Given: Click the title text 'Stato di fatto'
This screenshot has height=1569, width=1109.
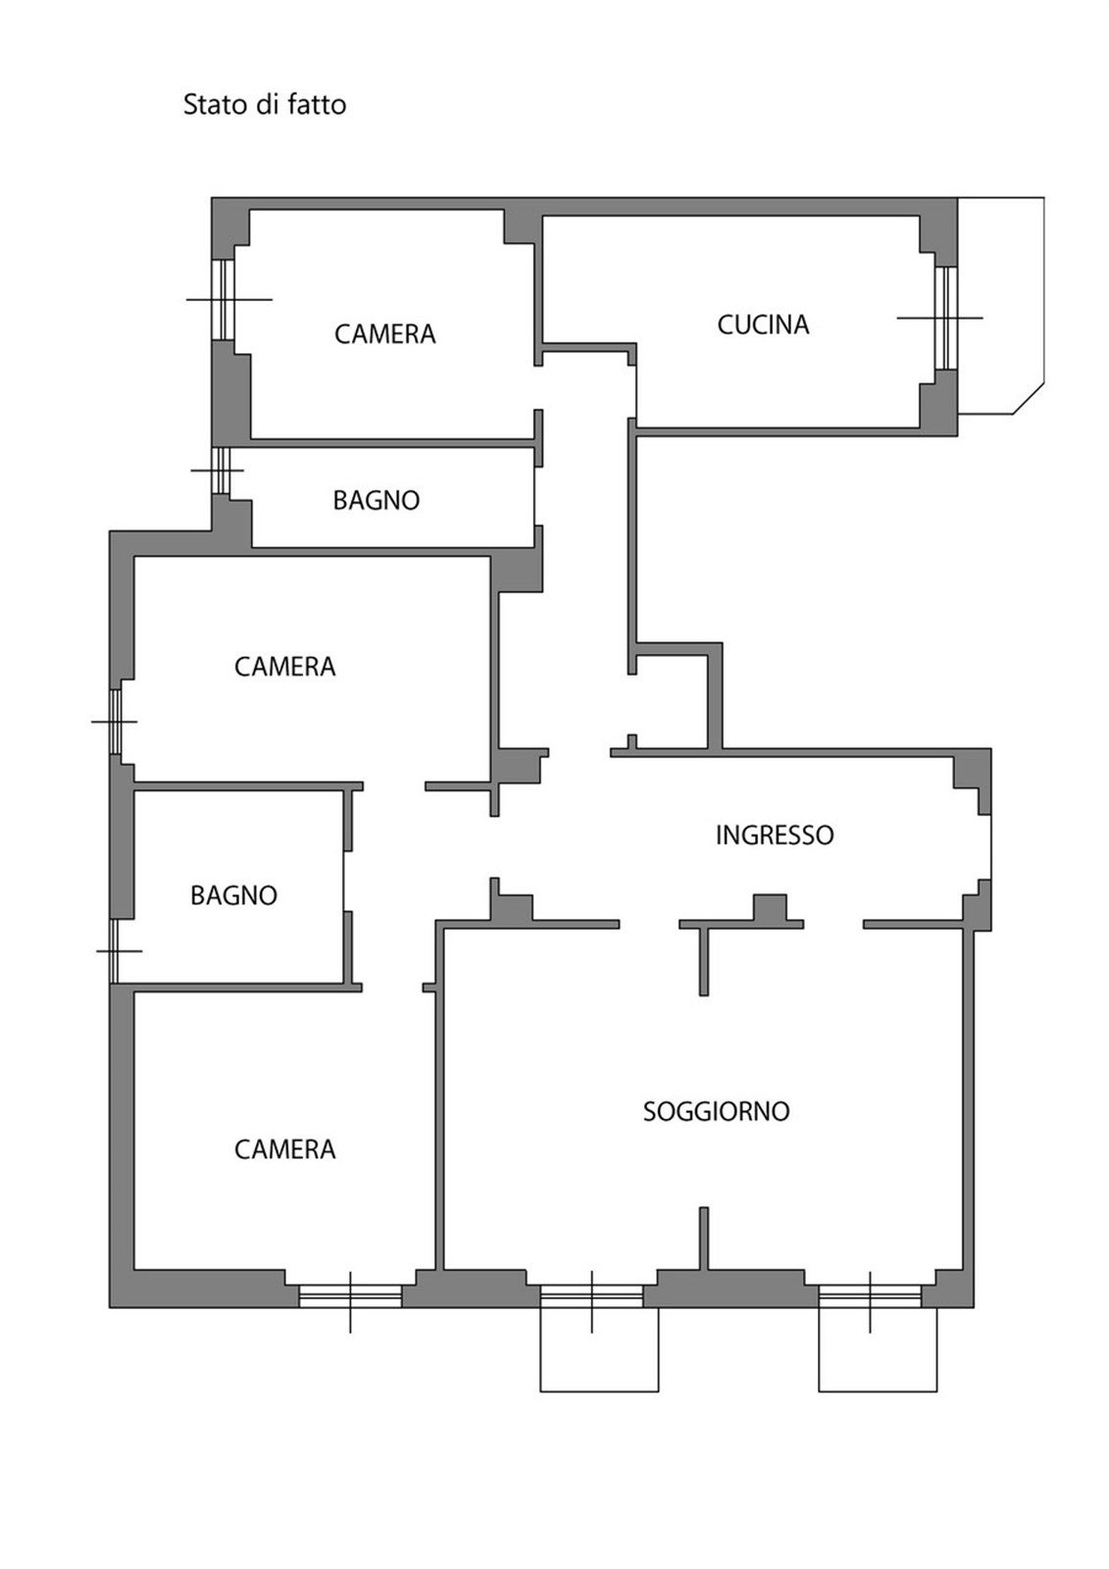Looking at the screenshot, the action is click(x=264, y=104).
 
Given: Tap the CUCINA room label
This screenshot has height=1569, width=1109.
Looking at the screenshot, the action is click(x=763, y=325).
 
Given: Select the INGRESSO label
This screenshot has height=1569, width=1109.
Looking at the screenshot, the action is click(x=774, y=835).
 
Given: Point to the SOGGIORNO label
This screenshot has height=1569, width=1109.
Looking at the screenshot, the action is click(x=716, y=1111).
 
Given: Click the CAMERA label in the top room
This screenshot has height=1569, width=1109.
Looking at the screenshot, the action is click(x=384, y=334).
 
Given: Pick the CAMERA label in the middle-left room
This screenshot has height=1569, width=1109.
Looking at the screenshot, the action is click(x=284, y=666).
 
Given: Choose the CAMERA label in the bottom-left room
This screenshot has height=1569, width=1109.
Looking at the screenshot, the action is click(x=284, y=1149).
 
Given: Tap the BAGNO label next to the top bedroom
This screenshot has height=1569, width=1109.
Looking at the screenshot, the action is click(x=377, y=500).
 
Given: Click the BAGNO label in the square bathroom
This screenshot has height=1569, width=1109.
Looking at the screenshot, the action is click(x=233, y=895).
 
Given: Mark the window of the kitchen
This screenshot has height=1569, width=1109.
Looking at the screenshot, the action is click(x=946, y=318).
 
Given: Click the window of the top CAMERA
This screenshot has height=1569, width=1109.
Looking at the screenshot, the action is click(x=223, y=300).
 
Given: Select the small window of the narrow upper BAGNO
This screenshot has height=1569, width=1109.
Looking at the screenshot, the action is click(x=221, y=470).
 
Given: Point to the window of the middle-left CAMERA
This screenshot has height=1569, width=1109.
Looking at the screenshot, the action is click(x=116, y=722).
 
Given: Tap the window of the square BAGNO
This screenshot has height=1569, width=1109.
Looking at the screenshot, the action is click(x=114, y=950).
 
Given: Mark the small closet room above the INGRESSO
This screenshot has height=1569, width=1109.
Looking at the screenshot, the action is click(x=671, y=701).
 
